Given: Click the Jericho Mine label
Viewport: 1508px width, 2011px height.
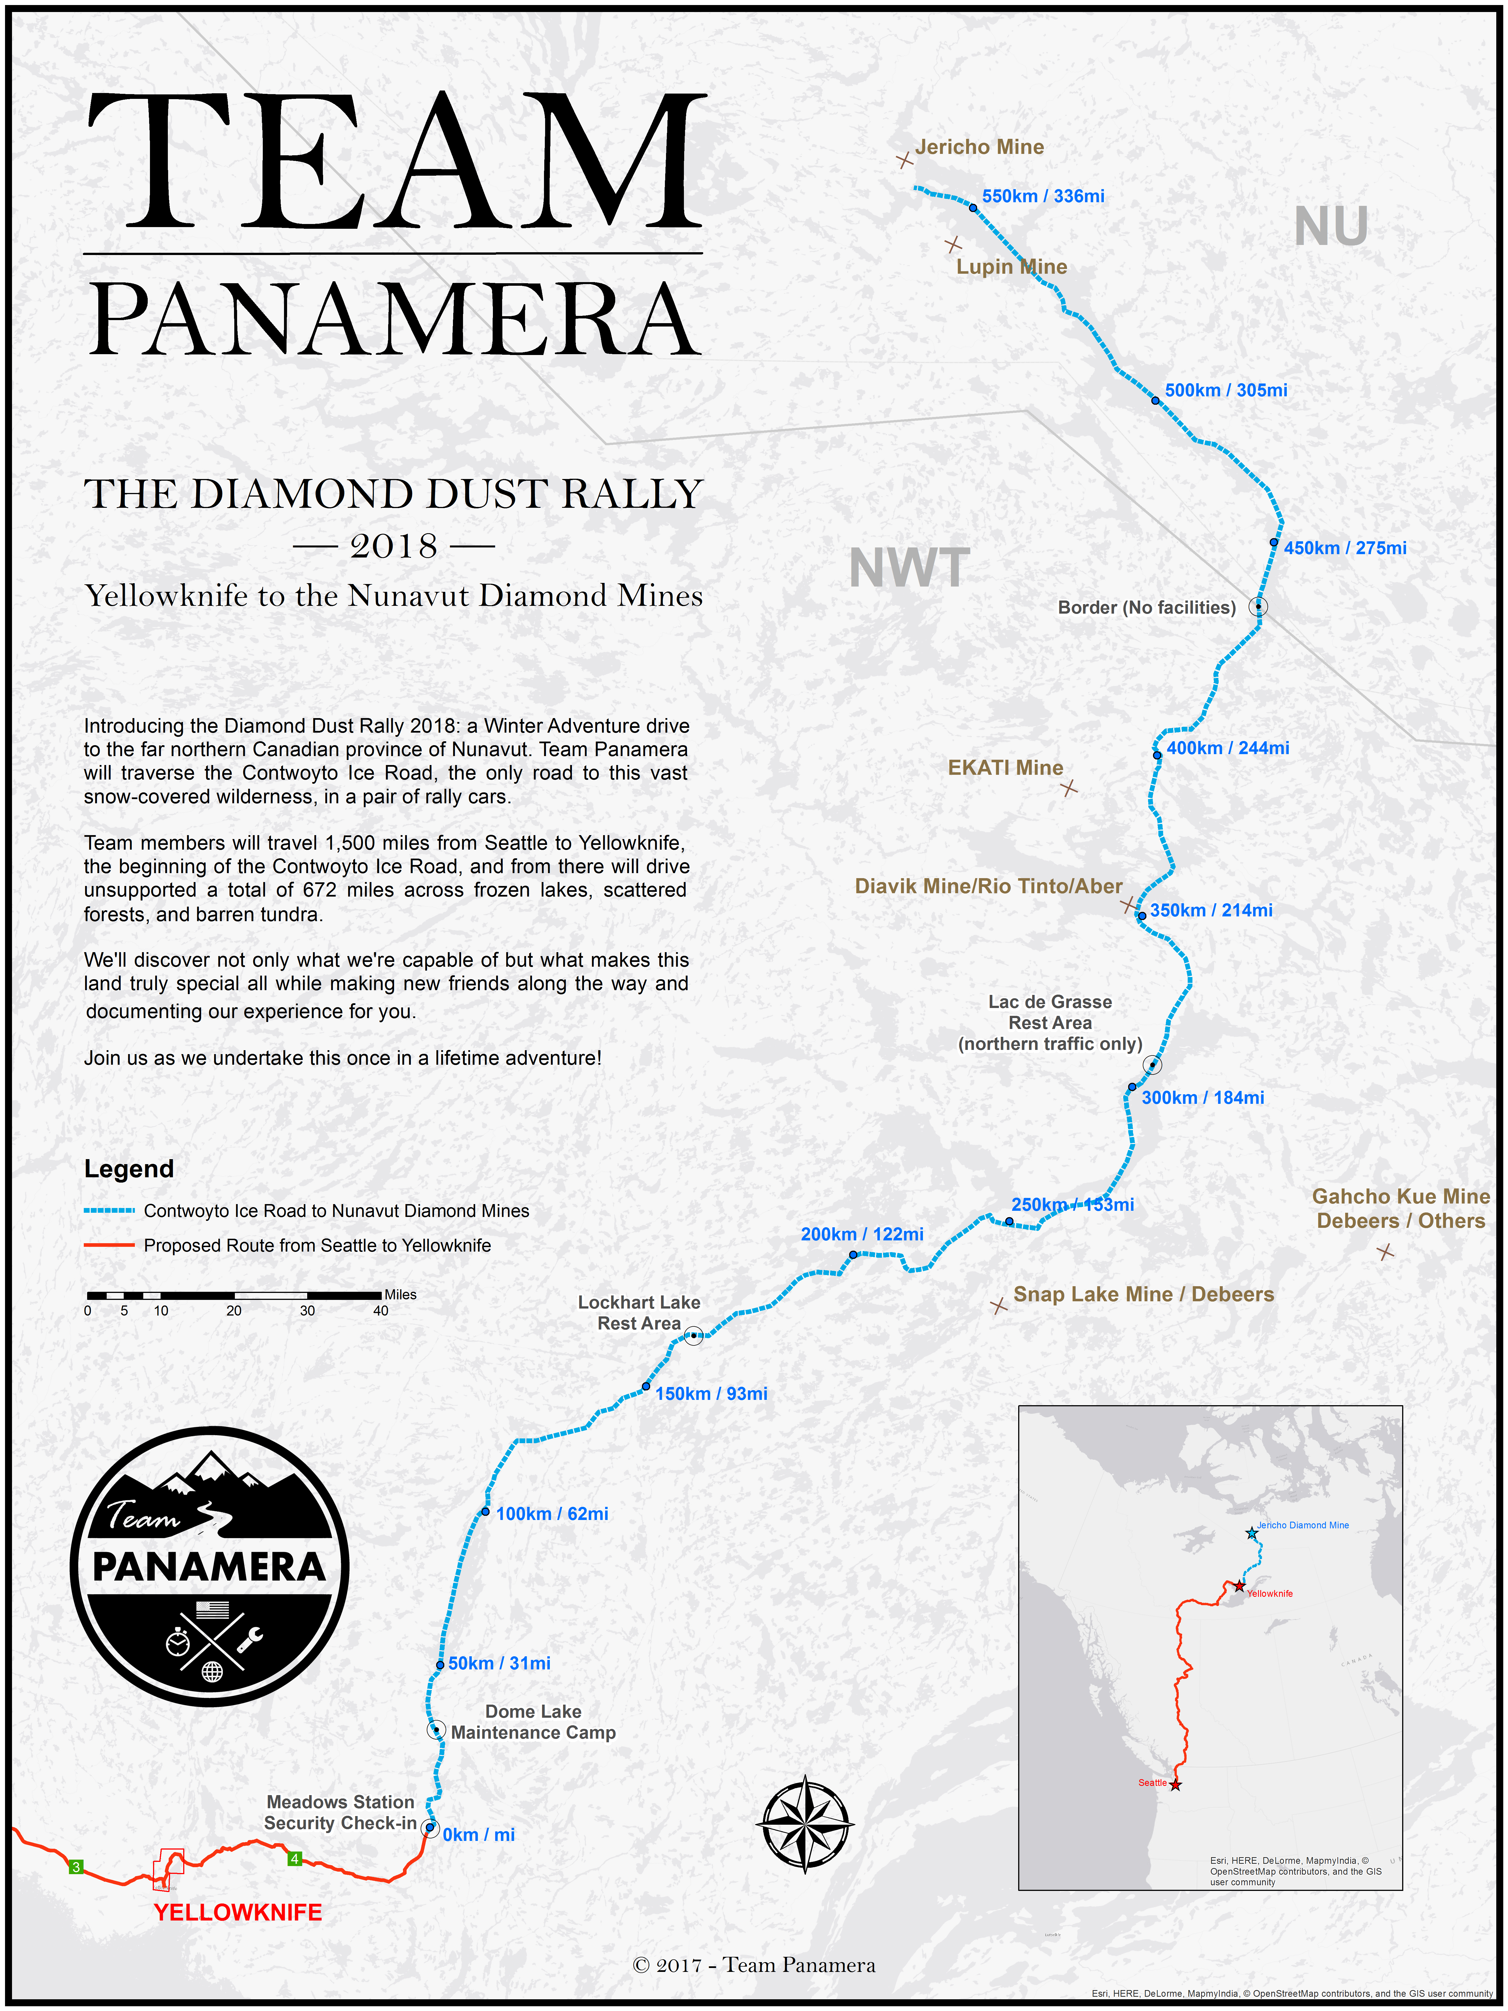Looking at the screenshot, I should coord(979,147).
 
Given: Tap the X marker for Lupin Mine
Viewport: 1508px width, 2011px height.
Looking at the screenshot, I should coord(953,245).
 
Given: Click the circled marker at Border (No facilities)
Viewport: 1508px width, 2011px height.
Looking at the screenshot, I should coord(1258,606).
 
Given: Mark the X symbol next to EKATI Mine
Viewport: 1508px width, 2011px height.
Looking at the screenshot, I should coord(1069,788).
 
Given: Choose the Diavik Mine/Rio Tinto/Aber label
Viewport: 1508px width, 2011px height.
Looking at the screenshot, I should coord(988,887).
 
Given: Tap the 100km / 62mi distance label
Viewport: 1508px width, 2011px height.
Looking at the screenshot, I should coord(552,1514).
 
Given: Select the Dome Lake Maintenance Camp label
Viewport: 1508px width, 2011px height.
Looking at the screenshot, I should coord(534,1722).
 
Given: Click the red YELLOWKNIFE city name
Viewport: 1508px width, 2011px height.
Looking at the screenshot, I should coord(237,1913).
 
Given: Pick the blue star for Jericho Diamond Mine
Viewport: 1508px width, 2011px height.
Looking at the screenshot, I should coord(1252,1534).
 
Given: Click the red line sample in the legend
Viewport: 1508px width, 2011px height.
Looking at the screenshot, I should coord(109,1245).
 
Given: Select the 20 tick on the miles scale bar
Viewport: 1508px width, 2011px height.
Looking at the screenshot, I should coord(234,1310).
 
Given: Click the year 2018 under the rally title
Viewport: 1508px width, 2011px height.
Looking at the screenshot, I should coord(393,546).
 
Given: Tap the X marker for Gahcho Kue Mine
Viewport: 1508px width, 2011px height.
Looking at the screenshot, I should coord(1385,1253).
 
